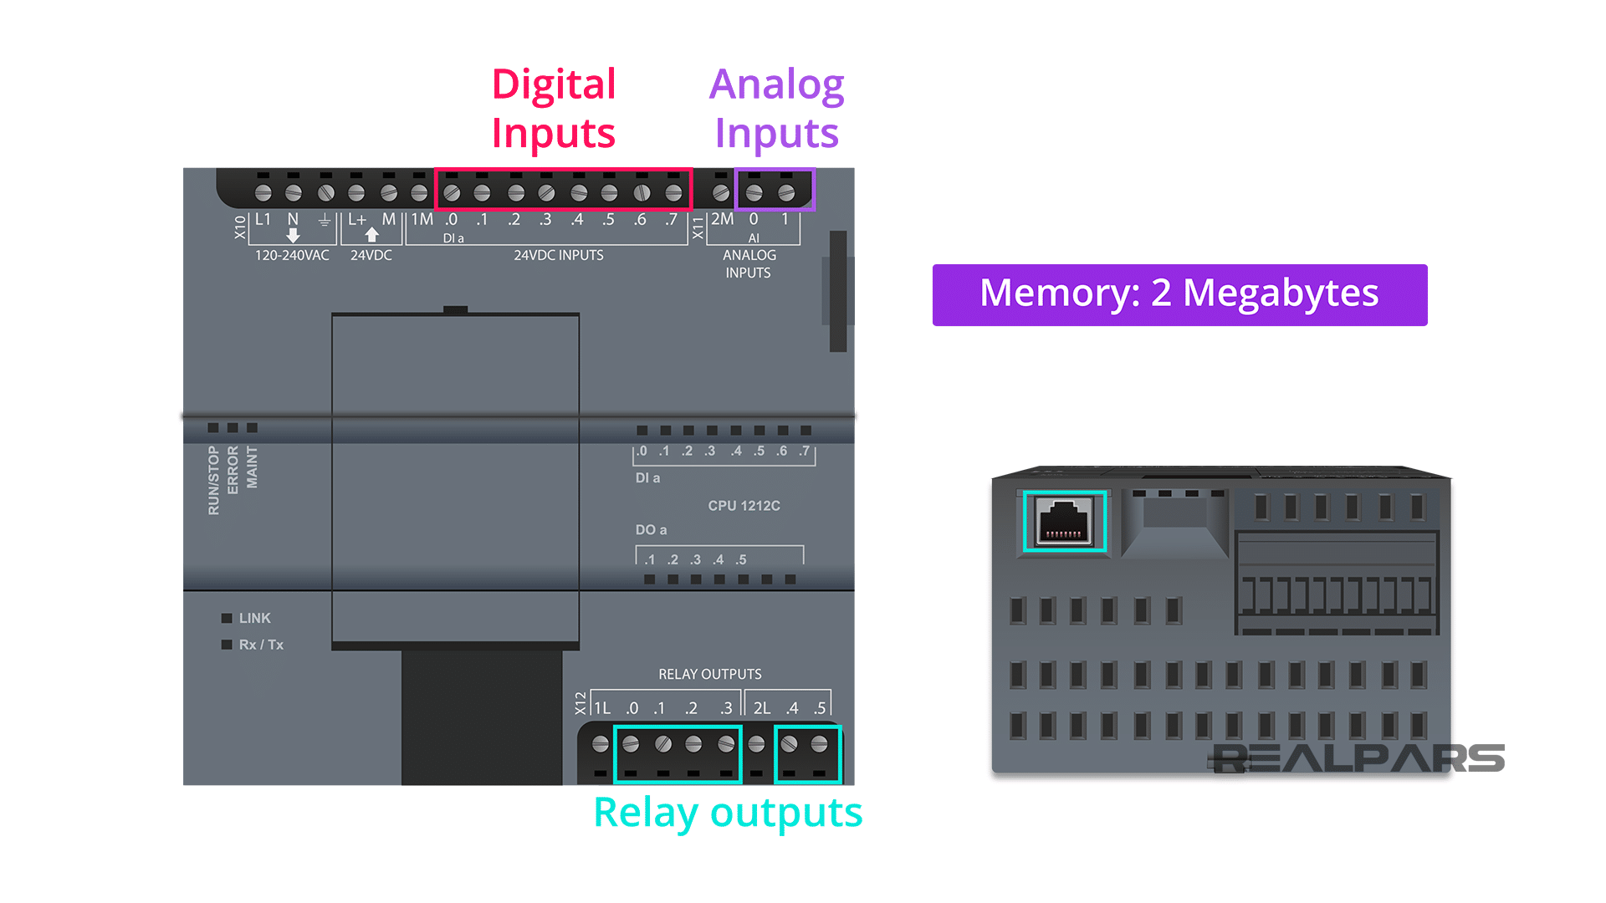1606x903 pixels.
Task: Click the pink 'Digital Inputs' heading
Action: pyautogui.click(x=553, y=109)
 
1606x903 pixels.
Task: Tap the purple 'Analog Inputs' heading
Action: pyautogui.click(x=776, y=109)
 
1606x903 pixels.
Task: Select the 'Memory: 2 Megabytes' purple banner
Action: pyautogui.click(x=1179, y=294)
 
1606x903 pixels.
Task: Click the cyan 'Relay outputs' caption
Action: pyautogui.click(x=728, y=813)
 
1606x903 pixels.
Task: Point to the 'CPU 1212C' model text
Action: pyautogui.click(x=744, y=506)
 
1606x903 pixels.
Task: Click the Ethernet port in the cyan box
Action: pyautogui.click(x=1064, y=522)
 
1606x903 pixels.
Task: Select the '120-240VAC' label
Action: pyautogui.click(x=292, y=255)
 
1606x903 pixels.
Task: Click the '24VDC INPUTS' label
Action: pyautogui.click(x=558, y=255)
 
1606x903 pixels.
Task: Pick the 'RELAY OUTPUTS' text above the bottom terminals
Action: pyautogui.click(x=709, y=674)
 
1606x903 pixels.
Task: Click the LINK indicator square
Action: pyautogui.click(x=227, y=618)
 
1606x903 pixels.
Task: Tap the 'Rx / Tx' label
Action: pyautogui.click(x=261, y=645)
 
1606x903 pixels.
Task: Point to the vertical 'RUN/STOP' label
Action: pyautogui.click(x=213, y=480)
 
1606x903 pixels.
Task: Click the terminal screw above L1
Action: pyautogui.click(x=263, y=193)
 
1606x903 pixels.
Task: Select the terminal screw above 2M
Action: pyautogui.click(x=721, y=193)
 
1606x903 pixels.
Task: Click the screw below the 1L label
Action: pyautogui.click(x=600, y=744)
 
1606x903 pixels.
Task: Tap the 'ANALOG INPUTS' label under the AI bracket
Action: pyautogui.click(x=749, y=264)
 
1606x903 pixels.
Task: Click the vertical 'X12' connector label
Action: pyautogui.click(x=581, y=703)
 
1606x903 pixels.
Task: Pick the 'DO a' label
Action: pyautogui.click(x=651, y=530)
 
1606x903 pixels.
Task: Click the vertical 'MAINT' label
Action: pyautogui.click(x=252, y=467)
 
